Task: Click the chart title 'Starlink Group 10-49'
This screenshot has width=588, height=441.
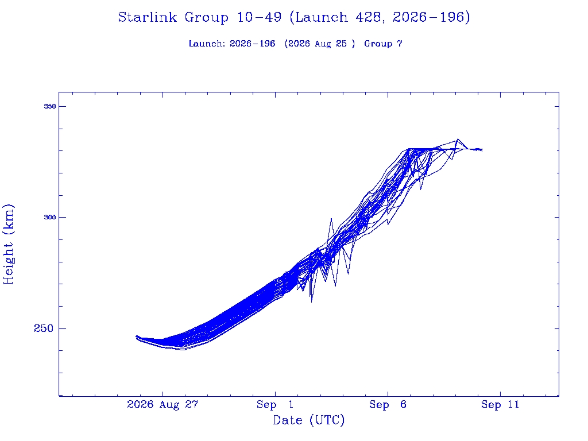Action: click(199, 17)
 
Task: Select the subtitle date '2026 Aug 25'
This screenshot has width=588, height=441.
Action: click(317, 44)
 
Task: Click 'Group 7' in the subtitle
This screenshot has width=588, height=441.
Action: click(383, 44)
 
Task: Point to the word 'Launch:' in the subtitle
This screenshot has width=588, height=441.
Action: click(207, 44)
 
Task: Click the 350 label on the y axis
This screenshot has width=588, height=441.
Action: click(50, 106)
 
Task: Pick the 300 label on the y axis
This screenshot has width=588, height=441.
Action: click(50, 217)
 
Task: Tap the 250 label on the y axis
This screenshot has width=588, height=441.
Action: click(44, 328)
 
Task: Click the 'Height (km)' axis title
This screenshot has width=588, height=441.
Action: click(8, 245)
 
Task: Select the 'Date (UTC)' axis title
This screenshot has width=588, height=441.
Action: click(308, 420)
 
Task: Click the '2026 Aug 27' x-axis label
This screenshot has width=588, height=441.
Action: click(163, 404)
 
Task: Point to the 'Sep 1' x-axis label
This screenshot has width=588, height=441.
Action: click(275, 404)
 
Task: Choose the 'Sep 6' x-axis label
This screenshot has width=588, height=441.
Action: click(388, 404)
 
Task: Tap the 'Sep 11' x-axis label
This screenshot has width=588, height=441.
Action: click(500, 404)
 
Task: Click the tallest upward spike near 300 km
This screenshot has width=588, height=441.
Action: click(331, 219)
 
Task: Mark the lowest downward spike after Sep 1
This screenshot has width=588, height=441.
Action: click(312, 302)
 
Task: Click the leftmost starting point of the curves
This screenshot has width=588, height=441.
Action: click(136, 337)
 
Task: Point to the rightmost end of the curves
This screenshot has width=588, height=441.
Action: click(482, 150)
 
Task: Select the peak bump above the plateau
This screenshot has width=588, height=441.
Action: click(458, 139)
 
